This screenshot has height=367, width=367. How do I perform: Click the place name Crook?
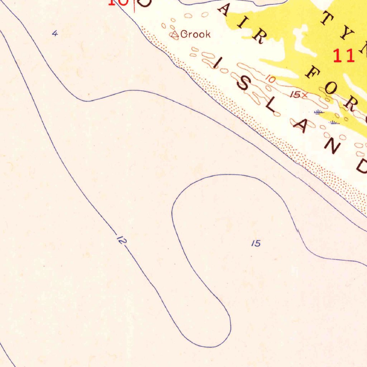pyautogui.click(x=195, y=34)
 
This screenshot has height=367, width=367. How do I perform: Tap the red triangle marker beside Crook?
pyautogui.click(x=175, y=34)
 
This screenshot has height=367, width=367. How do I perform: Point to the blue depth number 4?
pyautogui.click(x=54, y=34)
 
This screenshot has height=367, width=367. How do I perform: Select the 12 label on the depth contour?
pyautogui.click(x=121, y=240)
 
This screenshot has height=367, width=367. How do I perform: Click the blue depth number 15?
pyautogui.click(x=256, y=244)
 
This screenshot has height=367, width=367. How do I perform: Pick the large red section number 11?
pyautogui.click(x=344, y=56)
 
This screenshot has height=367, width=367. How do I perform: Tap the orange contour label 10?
pyautogui.click(x=271, y=79)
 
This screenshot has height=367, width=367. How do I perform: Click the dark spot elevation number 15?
pyautogui.click(x=296, y=95)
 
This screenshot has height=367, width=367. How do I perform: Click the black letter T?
pyautogui.click(x=327, y=19)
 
